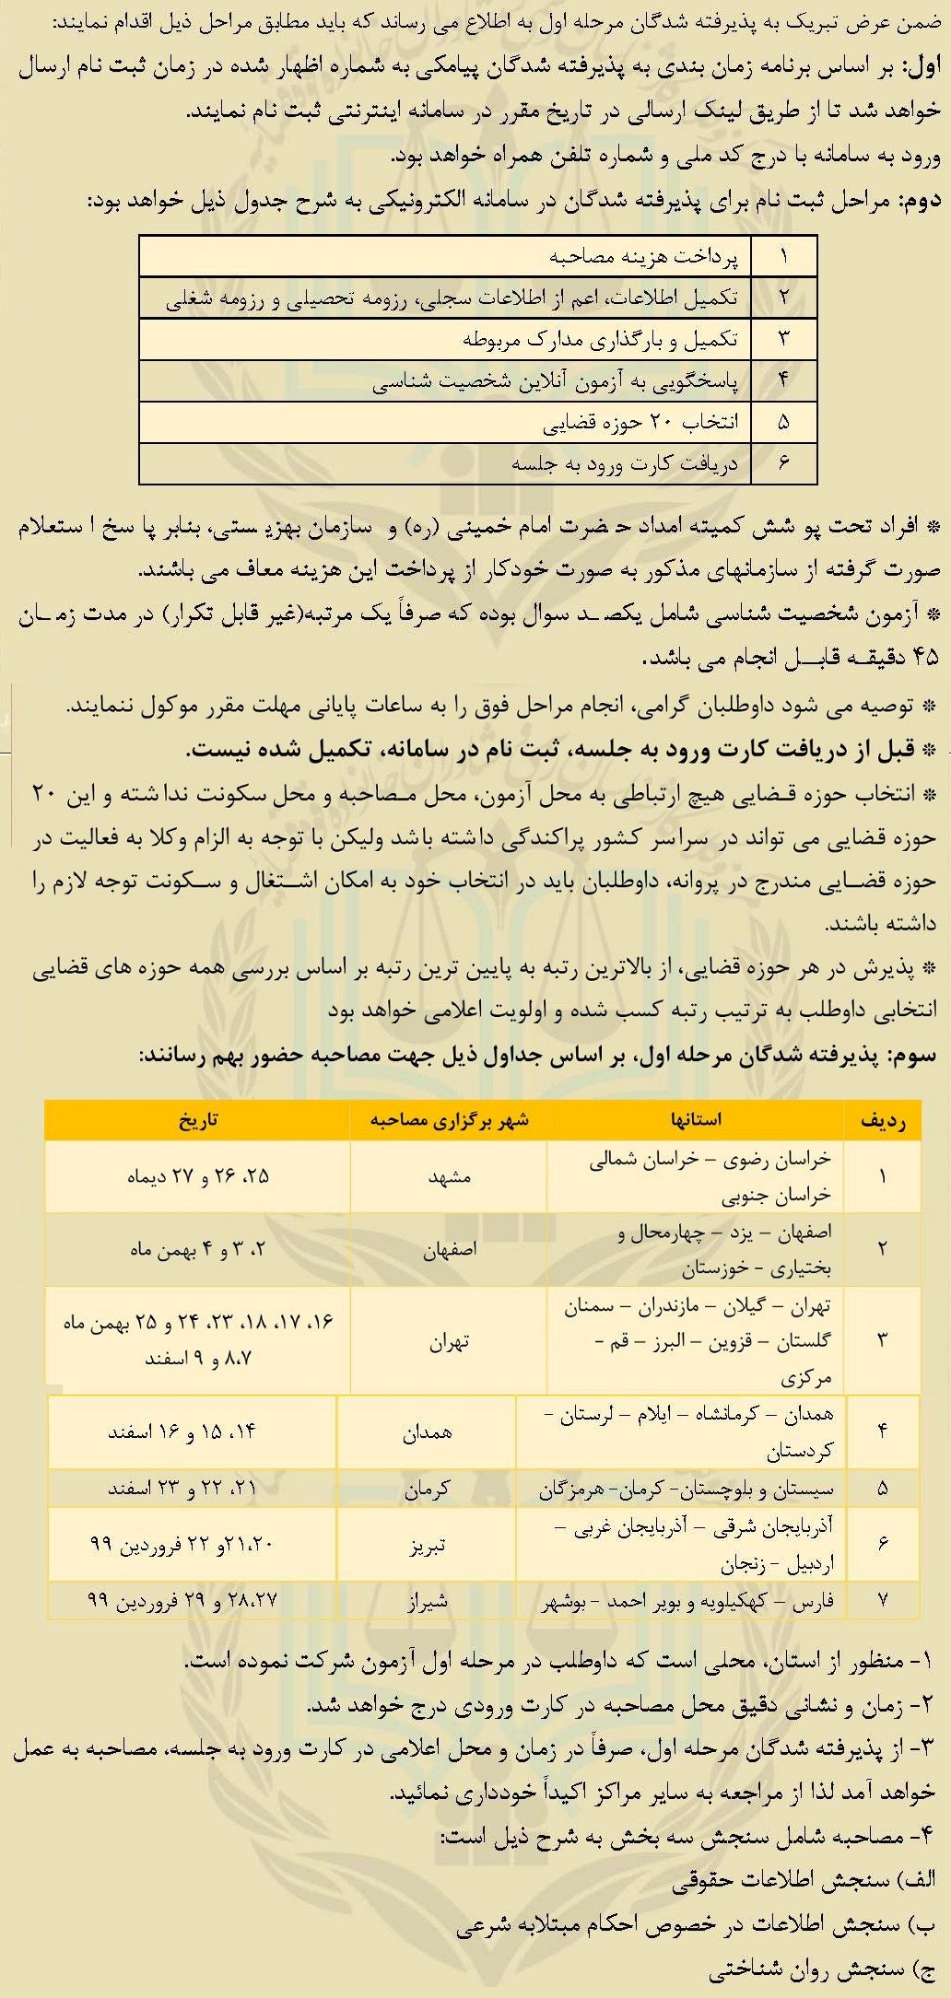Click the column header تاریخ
point(198,1119)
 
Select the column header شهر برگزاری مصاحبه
point(449,1119)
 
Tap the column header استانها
point(696,1119)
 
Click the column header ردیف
point(883,1120)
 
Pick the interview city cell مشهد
point(449,1176)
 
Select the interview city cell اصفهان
point(449,1250)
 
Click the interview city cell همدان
point(427,1432)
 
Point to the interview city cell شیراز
point(427,1601)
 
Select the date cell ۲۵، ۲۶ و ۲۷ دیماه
point(198,1176)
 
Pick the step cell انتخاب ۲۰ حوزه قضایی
point(639,423)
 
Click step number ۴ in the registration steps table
point(784,380)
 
